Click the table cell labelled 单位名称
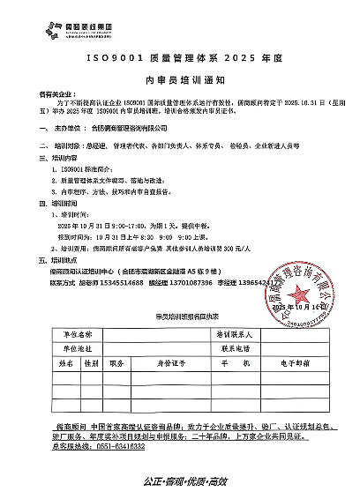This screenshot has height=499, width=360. tap(77, 336)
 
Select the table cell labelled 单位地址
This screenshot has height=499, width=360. tap(77, 348)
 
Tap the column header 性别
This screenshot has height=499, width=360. tap(91, 361)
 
